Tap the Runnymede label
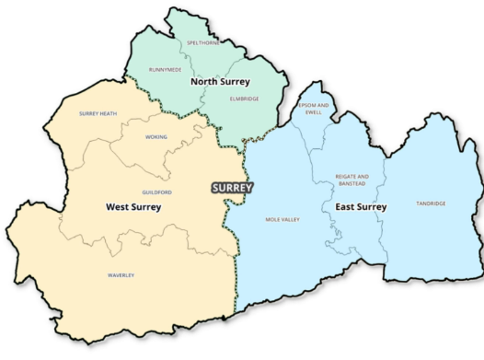[165, 69]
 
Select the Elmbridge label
[243, 99]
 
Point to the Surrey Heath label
[98, 113]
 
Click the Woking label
[156, 137]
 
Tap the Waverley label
[121, 275]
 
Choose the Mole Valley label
[283, 220]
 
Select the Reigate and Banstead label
[351, 179]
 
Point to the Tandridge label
[430, 203]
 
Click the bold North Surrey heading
[220, 82]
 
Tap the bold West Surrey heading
[133, 207]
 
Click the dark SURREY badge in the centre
[232, 187]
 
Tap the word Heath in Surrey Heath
[109, 113]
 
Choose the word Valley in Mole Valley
[292, 220]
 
